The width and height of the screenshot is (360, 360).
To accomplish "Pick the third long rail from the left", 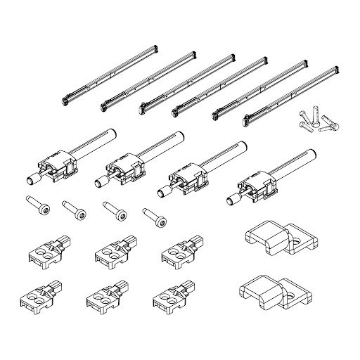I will pyautogui.click(x=181, y=84).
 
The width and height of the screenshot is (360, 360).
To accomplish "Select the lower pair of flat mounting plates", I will pyautogui.click(x=276, y=293).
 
